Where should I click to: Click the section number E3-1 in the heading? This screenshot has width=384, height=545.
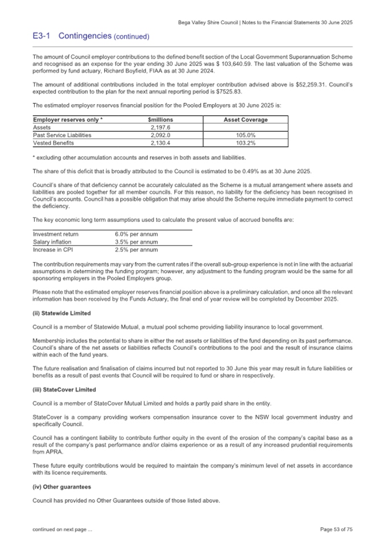pyautogui.click(x=42, y=36)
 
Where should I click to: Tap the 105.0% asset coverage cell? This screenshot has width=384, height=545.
pyautogui.click(x=245, y=136)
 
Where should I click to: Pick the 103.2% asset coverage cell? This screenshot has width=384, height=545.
pyautogui.click(x=245, y=144)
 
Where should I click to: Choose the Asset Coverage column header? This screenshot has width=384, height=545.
pyautogui.click(x=245, y=120)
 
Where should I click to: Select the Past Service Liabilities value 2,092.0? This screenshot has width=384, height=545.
pyautogui.click(x=160, y=136)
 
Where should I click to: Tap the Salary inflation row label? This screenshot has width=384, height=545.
pyautogui.click(x=52, y=242)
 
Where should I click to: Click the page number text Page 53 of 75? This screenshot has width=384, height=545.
pyautogui.click(x=336, y=530)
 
